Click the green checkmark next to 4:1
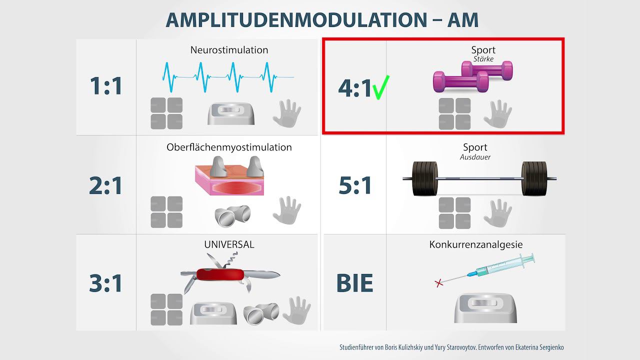(382, 87)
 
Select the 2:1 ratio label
(106, 185)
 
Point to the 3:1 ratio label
(106, 283)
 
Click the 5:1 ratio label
(355, 185)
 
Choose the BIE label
(355, 283)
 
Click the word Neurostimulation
(229, 50)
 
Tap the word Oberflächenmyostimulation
(229, 147)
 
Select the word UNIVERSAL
(229, 244)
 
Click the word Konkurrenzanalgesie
(475, 244)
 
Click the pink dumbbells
(472, 76)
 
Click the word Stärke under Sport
(483, 59)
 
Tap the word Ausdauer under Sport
(475, 157)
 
